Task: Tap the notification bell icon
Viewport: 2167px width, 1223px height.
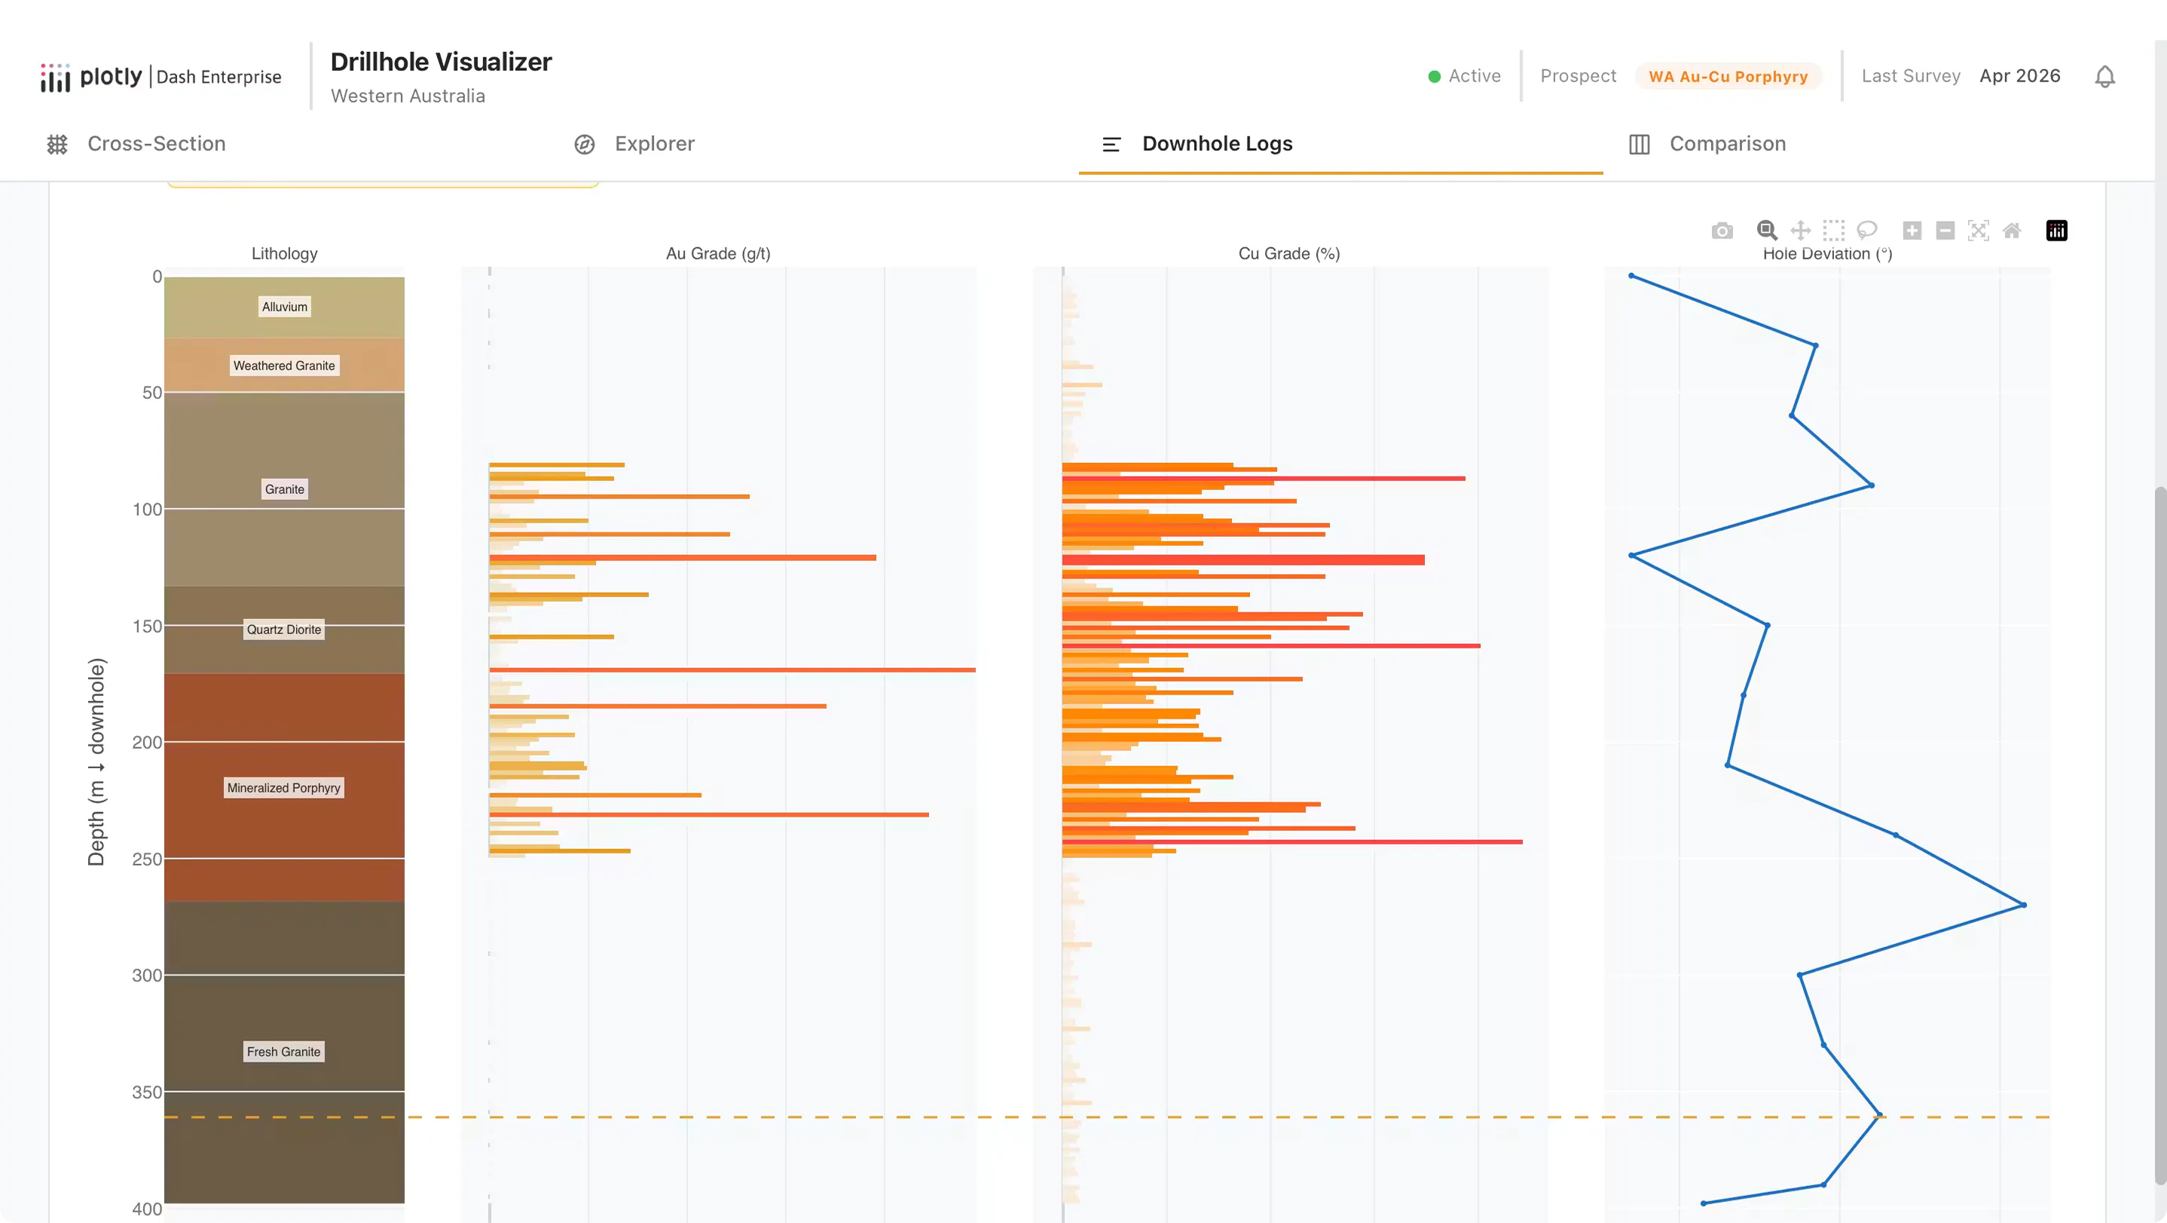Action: [x=2104, y=77]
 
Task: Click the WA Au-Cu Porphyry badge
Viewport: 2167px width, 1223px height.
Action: [x=1728, y=77]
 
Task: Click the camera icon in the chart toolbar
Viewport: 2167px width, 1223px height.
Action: [x=1722, y=231]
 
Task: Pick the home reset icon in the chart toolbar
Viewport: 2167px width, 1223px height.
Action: [x=2011, y=231]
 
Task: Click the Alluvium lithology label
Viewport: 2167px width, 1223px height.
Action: [x=284, y=307]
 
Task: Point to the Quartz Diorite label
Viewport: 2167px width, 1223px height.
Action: [x=283, y=630]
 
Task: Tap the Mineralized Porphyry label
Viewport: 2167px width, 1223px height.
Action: [x=283, y=788]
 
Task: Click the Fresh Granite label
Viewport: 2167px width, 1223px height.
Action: [x=283, y=1052]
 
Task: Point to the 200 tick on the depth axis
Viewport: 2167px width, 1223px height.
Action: [x=147, y=743]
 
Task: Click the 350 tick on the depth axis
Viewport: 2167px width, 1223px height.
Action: [x=147, y=1093]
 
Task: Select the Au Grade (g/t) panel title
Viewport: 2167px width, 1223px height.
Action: [x=718, y=253]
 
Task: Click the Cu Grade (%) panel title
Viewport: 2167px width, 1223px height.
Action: [x=1288, y=253]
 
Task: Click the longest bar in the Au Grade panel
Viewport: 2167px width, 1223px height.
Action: [x=732, y=670]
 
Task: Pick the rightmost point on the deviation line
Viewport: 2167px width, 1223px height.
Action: [x=2023, y=906]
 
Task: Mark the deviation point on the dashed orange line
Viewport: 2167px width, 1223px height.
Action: [x=1879, y=1116]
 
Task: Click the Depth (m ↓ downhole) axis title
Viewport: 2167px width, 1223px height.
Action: [x=96, y=762]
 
